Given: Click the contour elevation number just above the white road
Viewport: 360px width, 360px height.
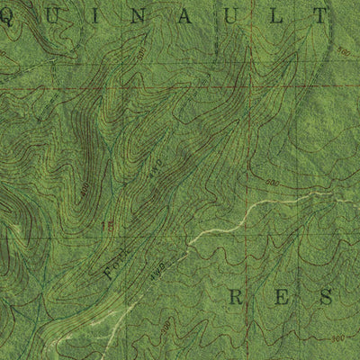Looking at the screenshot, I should coord(271,183).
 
